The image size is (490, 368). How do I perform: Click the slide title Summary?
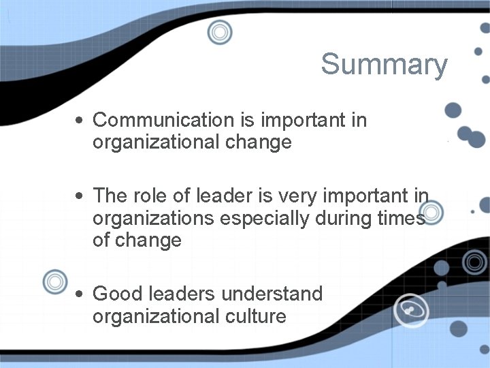tap(384, 65)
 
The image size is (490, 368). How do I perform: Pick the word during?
tap(348, 219)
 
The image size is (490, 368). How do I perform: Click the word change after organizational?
tap(261, 142)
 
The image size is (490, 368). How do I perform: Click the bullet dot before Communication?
tap(80, 121)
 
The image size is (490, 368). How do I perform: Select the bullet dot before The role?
tap(80, 197)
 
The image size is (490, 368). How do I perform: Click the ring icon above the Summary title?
tap(220, 32)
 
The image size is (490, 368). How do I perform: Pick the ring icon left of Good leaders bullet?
tap(54, 281)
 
